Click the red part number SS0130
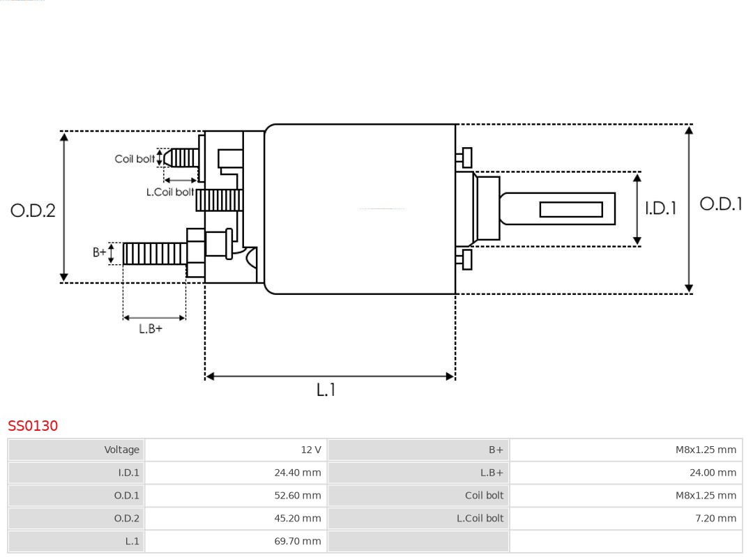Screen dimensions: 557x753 [33, 426]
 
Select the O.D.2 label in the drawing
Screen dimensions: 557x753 [33, 210]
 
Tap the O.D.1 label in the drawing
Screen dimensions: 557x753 [721, 204]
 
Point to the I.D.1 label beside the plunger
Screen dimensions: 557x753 [660, 208]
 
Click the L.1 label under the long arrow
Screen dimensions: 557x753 [326, 390]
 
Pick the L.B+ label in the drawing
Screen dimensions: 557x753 [150, 328]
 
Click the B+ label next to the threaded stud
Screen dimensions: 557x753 [100, 252]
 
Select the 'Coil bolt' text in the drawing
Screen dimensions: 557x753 [135, 159]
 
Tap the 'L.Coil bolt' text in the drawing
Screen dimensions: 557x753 [169, 192]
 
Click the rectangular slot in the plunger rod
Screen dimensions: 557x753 [571, 209]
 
